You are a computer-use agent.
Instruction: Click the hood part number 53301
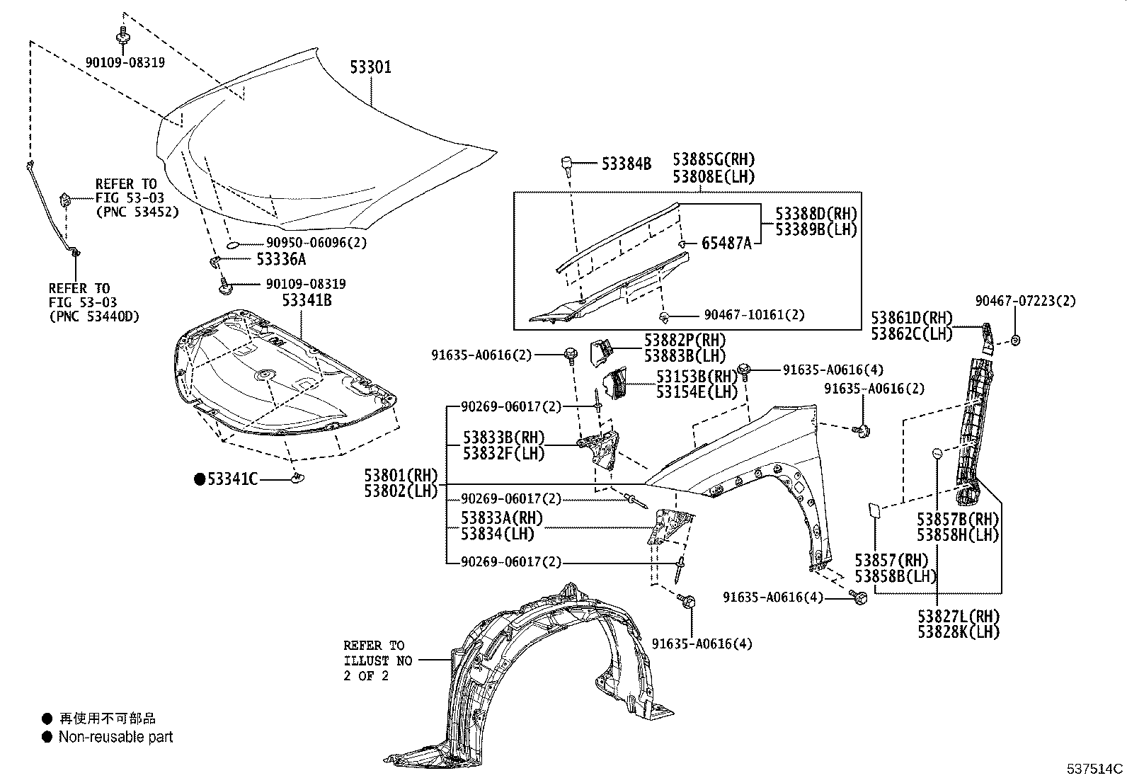click(370, 67)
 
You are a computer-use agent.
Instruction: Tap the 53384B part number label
click(627, 164)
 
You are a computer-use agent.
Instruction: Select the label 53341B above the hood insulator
click(307, 300)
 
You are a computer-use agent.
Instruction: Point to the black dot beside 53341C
click(200, 479)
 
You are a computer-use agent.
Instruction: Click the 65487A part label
click(726, 244)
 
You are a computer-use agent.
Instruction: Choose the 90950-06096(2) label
click(316, 243)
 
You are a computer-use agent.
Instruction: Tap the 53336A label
click(281, 259)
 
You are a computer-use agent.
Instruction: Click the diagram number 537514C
click(1095, 768)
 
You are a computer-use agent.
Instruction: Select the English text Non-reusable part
click(115, 737)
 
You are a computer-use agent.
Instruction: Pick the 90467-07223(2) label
click(1025, 301)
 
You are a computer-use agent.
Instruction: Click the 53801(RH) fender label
click(401, 475)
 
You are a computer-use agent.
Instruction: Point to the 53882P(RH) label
click(685, 341)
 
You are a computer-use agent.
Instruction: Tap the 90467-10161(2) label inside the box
click(754, 315)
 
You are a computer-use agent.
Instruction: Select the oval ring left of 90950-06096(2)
click(233, 245)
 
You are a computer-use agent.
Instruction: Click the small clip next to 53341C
click(298, 477)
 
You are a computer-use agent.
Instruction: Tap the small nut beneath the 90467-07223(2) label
click(1015, 341)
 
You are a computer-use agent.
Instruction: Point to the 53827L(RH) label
click(959, 616)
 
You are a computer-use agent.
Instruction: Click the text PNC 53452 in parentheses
click(137, 212)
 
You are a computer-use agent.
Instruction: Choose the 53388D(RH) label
click(816, 213)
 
